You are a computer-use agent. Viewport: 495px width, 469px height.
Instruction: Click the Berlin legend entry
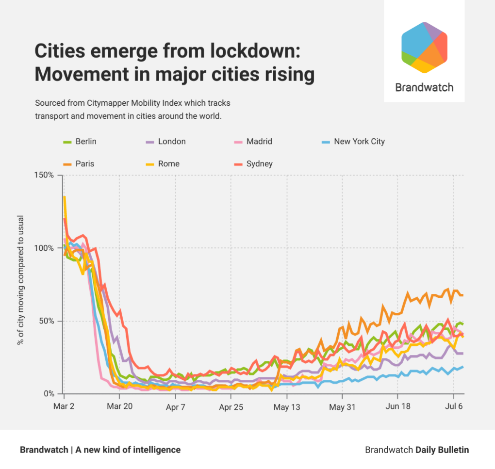81,142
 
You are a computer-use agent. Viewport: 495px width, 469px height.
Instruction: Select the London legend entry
165,142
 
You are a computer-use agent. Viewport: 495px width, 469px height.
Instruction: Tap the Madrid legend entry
253,142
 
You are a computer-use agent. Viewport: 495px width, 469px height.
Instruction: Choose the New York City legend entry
353,142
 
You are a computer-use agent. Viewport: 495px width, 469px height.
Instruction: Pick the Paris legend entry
79,163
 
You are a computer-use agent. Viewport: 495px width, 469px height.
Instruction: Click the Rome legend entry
163,163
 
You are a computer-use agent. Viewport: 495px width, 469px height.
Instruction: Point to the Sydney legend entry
253,163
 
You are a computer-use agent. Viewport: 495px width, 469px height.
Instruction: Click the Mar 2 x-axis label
64,406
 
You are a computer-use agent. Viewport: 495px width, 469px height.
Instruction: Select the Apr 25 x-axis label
231,406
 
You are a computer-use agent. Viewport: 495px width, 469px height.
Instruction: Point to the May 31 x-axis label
343,406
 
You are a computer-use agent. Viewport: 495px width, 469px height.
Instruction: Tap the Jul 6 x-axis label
454,406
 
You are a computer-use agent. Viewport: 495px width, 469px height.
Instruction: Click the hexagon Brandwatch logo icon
424,48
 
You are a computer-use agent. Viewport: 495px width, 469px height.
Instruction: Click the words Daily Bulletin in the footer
442,450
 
